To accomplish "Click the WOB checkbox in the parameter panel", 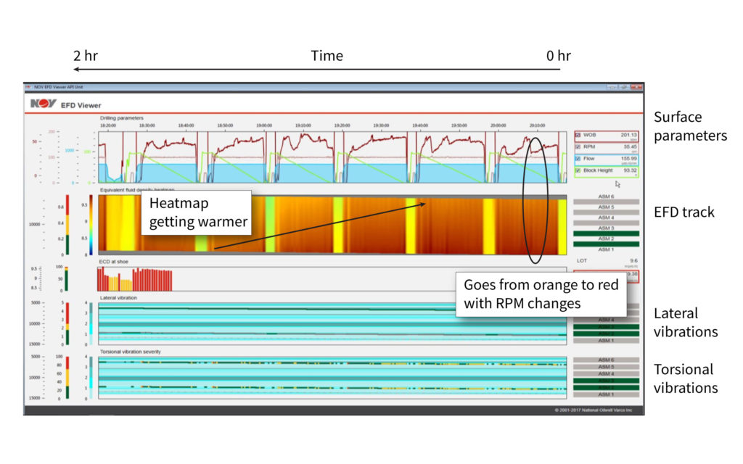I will tap(578, 135).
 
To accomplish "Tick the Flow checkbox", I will tap(578, 158).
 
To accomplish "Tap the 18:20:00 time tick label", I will tap(108, 124).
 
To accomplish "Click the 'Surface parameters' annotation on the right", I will tap(690, 126).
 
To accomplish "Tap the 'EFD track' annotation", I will tap(684, 212).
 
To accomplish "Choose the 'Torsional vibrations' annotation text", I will tap(686, 378).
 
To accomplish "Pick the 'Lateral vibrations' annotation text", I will tap(686, 323).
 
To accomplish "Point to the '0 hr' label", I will tap(558, 56).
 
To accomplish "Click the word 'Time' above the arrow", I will tap(327, 56).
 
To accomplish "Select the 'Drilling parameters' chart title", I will tap(122, 117).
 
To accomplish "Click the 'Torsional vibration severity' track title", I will tap(131, 352).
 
